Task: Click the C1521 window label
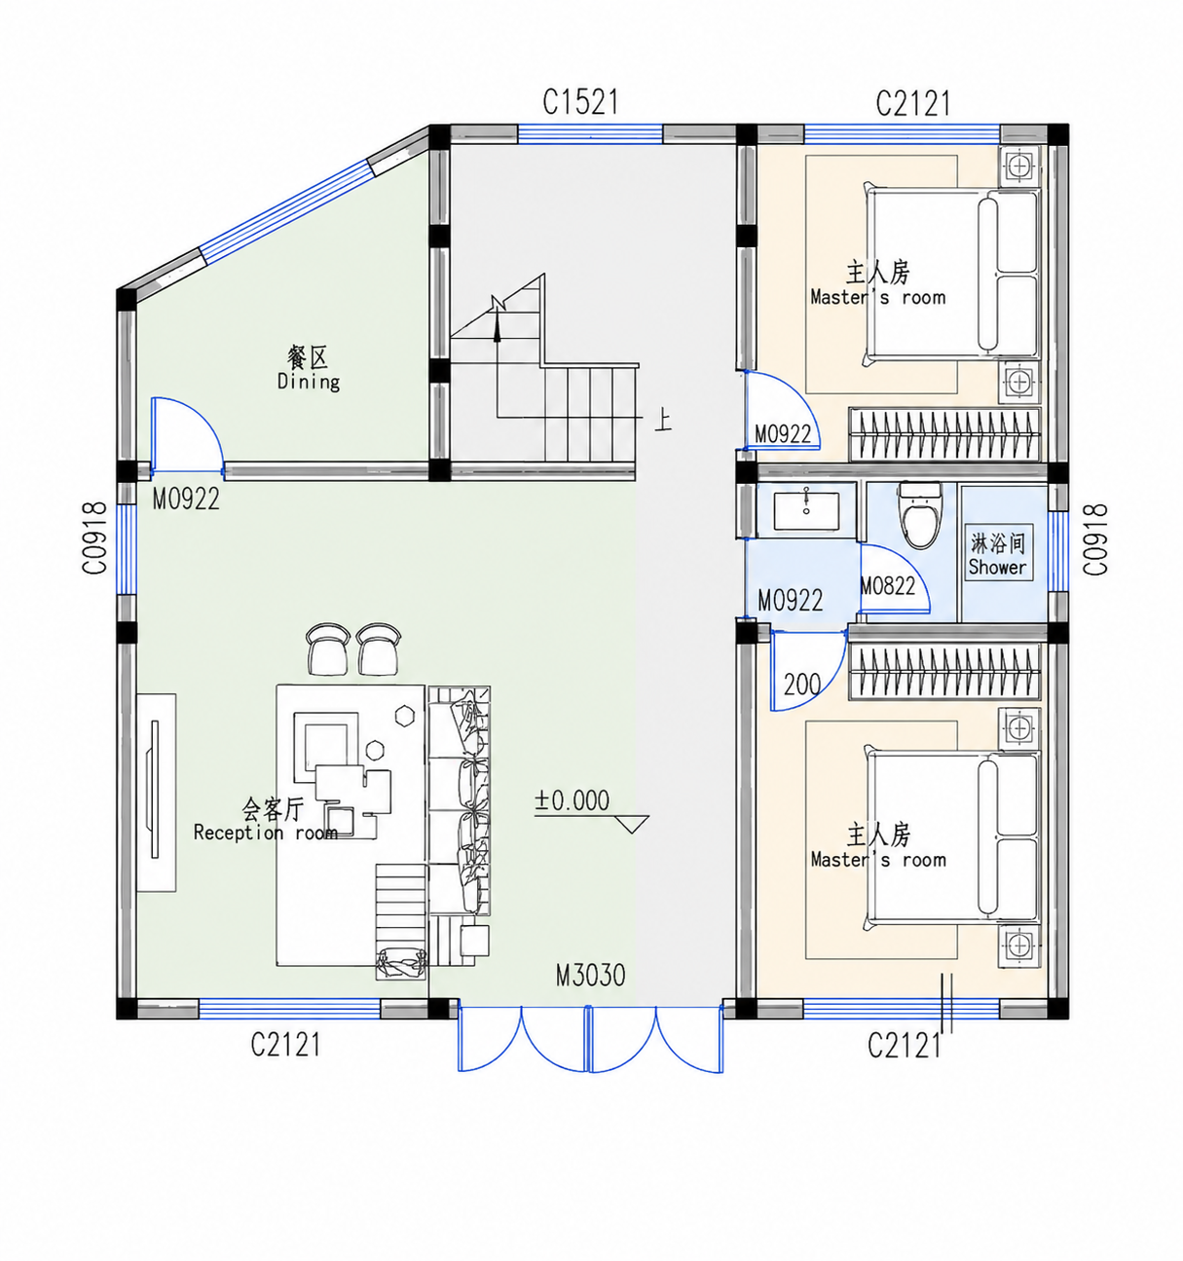(579, 102)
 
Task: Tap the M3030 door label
(591, 976)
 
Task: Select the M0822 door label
(888, 585)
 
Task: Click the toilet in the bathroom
(920, 515)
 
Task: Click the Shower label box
(998, 552)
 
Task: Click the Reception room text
(266, 833)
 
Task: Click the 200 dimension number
(802, 686)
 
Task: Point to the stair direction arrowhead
(497, 329)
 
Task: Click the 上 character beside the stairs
(663, 420)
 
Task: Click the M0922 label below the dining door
(186, 500)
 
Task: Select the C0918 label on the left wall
(94, 538)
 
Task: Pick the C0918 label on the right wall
(1094, 539)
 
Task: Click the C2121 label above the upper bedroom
(913, 103)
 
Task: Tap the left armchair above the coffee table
(327, 649)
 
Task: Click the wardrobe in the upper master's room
(944, 433)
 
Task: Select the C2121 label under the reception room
(285, 1045)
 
